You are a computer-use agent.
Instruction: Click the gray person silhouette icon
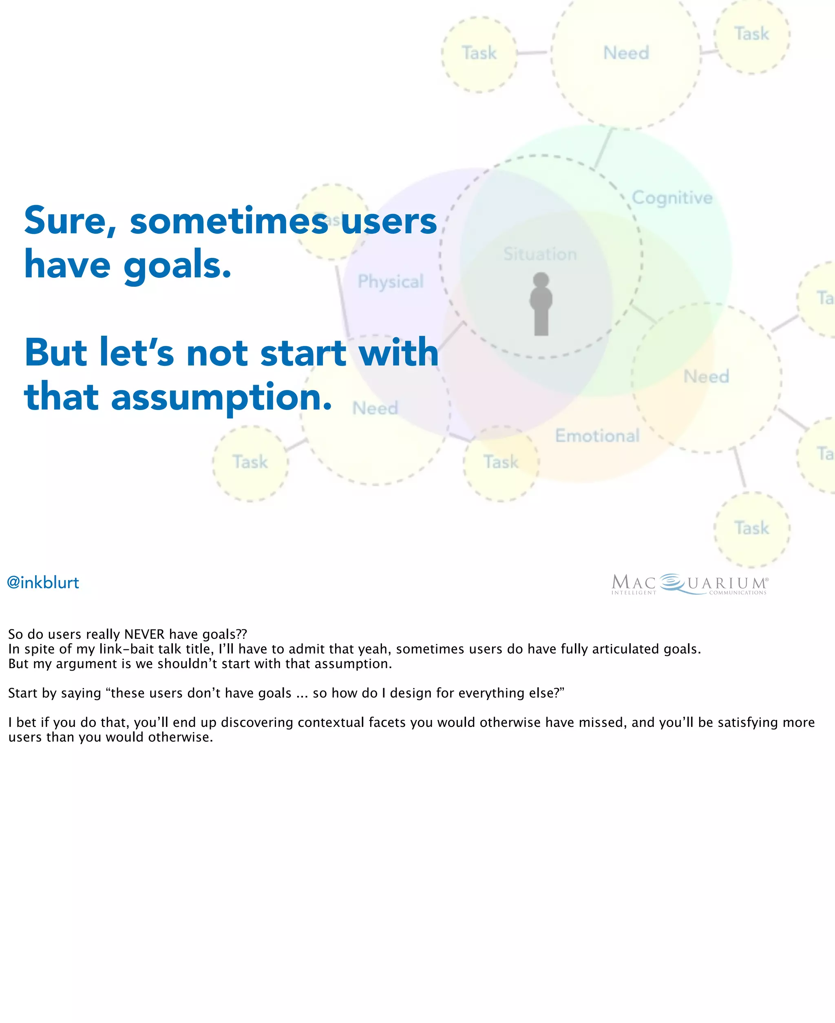tap(541, 303)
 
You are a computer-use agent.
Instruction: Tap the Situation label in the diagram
tap(540, 254)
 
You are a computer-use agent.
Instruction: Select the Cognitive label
tap(672, 198)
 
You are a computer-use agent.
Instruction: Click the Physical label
tap(390, 281)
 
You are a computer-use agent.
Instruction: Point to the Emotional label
tap(597, 436)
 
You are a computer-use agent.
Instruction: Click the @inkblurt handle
tap(43, 583)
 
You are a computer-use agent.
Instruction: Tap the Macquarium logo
tap(689, 584)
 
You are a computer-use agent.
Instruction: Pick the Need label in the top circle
tap(626, 53)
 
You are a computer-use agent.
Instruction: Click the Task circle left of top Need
tap(479, 53)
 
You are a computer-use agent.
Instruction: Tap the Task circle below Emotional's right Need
tap(751, 528)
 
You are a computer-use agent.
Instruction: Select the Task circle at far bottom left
tap(250, 463)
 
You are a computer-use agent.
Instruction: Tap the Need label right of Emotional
tap(706, 376)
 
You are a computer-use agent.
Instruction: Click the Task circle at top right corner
tap(751, 34)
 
